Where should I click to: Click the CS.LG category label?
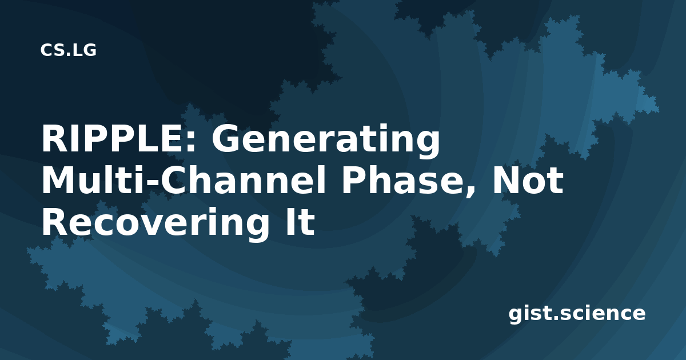(x=68, y=50)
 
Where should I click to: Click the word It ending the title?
(x=300, y=222)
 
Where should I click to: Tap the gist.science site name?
(x=577, y=314)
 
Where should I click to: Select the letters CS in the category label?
(x=50, y=50)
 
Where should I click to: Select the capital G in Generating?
(x=225, y=139)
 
